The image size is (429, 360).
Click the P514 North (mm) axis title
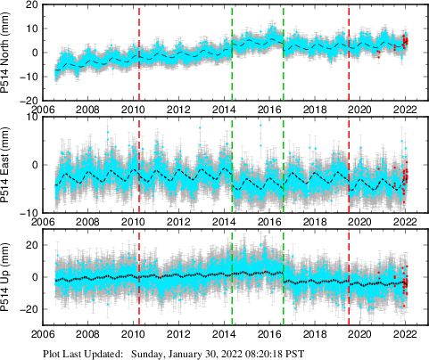tap(9, 53)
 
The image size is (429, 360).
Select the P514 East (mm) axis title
tap(9, 165)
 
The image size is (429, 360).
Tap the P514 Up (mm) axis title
tap(9, 276)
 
